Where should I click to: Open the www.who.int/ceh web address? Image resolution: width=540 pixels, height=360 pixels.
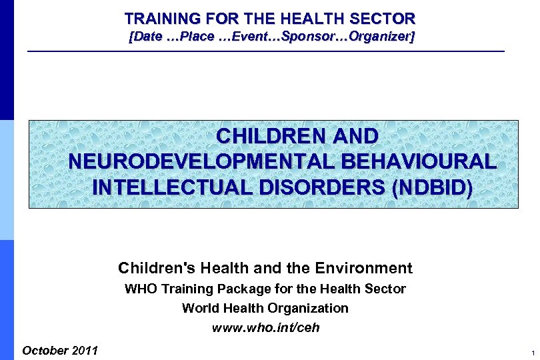click(x=265, y=328)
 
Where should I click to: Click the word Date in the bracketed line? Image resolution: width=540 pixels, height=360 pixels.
click(x=149, y=37)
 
